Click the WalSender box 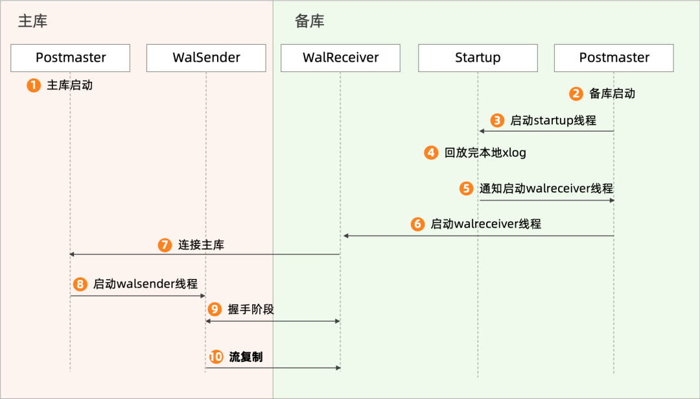tap(206, 58)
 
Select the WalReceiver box tap(340, 58)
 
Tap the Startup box tap(478, 58)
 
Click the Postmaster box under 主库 tap(71, 58)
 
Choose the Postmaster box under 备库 tap(614, 58)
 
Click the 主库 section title tap(32, 21)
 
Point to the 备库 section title tap(309, 21)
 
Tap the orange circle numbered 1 tap(34, 85)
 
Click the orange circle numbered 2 tap(576, 93)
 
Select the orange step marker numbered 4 tap(431, 153)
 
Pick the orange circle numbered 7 tap(165, 245)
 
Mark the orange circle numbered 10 tap(216, 357)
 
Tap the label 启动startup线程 tap(553, 120)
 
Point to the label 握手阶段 tap(251, 309)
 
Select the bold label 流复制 tap(246, 357)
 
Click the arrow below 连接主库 tap(205, 254)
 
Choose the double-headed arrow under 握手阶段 tap(273, 321)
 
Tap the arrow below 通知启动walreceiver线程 tap(546, 200)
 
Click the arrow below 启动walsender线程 tap(138, 296)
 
